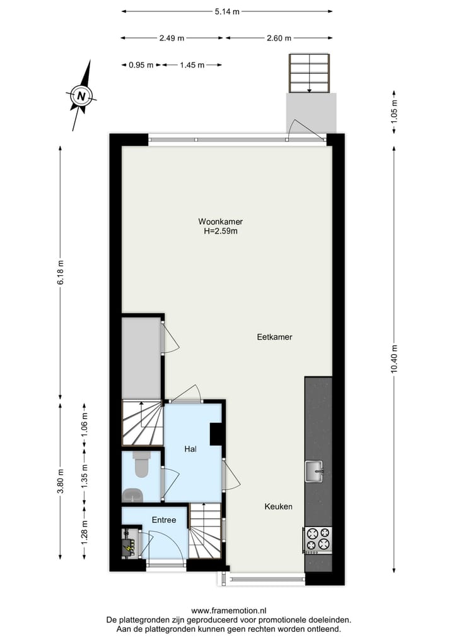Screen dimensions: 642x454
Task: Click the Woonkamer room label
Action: [x=220, y=222]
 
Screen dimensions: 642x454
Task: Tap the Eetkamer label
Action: [x=274, y=337]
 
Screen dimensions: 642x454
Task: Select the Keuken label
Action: [x=278, y=506]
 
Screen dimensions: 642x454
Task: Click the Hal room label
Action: [x=190, y=449]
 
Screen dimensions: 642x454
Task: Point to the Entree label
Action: [x=164, y=520]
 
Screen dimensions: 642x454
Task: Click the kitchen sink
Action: [x=314, y=470]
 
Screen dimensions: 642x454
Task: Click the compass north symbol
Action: [x=81, y=96]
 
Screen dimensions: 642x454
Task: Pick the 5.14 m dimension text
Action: [x=227, y=11]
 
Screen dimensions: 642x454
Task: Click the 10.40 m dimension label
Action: [x=395, y=360]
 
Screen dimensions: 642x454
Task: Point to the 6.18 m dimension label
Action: [x=61, y=272]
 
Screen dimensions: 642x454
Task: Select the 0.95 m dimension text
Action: [x=141, y=64]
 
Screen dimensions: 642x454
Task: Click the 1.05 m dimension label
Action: [x=395, y=111]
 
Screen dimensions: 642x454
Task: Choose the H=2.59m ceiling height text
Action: [x=220, y=231]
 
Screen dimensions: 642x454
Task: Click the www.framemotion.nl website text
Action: [x=228, y=610]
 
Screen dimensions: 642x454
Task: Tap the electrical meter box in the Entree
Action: [x=130, y=544]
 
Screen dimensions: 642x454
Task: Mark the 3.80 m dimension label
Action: [x=61, y=482]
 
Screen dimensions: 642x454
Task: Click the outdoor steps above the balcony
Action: [x=310, y=73]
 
